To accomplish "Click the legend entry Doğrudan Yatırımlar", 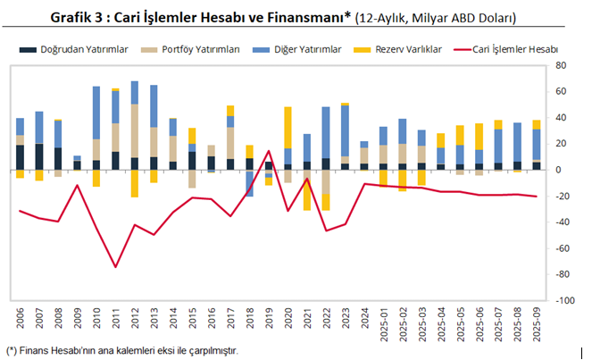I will click(x=76, y=50).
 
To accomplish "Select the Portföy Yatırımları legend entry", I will click(x=199, y=50).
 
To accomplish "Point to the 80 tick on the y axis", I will click(x=561, y=66).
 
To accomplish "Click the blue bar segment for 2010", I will click(x=96, y=113).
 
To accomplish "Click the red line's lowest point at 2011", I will click(x=115, y=266).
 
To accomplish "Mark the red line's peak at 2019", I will click(x=269, y=151).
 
